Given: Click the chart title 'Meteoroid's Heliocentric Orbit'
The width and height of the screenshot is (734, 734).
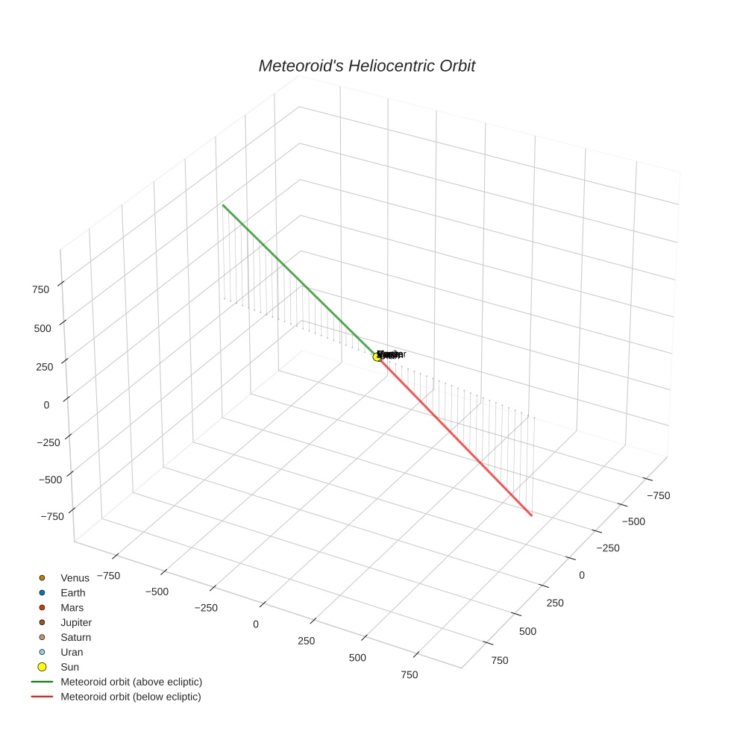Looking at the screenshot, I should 366,66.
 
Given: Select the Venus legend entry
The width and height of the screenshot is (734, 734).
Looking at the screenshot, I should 75,577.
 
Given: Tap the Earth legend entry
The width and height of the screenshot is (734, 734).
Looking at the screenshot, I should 73,592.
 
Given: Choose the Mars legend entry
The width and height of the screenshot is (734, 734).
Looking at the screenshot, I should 72,607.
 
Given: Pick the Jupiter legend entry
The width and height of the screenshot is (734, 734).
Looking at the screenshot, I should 76,622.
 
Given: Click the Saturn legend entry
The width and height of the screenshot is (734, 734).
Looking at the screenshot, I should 75,637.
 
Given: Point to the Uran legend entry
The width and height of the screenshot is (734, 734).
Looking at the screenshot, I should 72,652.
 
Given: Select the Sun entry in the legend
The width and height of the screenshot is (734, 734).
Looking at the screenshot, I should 69,667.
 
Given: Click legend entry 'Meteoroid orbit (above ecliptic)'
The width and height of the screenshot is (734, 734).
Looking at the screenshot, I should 131,682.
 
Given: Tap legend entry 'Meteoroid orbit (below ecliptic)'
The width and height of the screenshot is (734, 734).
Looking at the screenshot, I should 131,697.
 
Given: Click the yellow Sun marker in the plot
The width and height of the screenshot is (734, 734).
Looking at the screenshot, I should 377,357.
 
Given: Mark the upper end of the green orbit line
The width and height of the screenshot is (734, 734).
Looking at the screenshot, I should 222,204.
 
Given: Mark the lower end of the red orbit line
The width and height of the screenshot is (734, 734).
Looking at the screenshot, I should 531,515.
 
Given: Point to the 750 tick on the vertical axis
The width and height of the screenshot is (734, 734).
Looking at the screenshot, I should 41,289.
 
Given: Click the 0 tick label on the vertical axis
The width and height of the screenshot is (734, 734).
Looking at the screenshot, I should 46,405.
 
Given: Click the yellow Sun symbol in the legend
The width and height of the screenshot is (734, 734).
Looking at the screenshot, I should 42,667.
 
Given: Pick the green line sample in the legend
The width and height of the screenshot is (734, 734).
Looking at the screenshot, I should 42,682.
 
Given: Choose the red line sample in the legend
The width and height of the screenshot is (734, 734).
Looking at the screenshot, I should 42,697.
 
